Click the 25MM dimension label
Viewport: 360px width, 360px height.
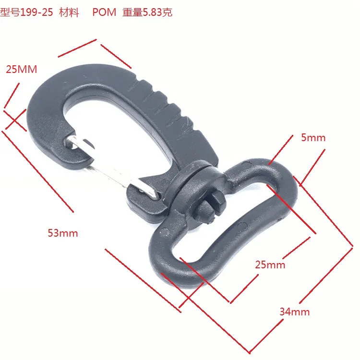22,69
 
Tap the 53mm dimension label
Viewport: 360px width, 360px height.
62,234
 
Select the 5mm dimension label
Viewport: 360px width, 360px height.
313,138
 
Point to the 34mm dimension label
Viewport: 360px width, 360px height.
294,312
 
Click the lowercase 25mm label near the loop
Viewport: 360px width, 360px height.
270,265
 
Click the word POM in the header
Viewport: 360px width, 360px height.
104,12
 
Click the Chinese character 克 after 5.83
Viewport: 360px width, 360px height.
167,12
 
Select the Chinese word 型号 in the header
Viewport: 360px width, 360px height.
9,12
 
